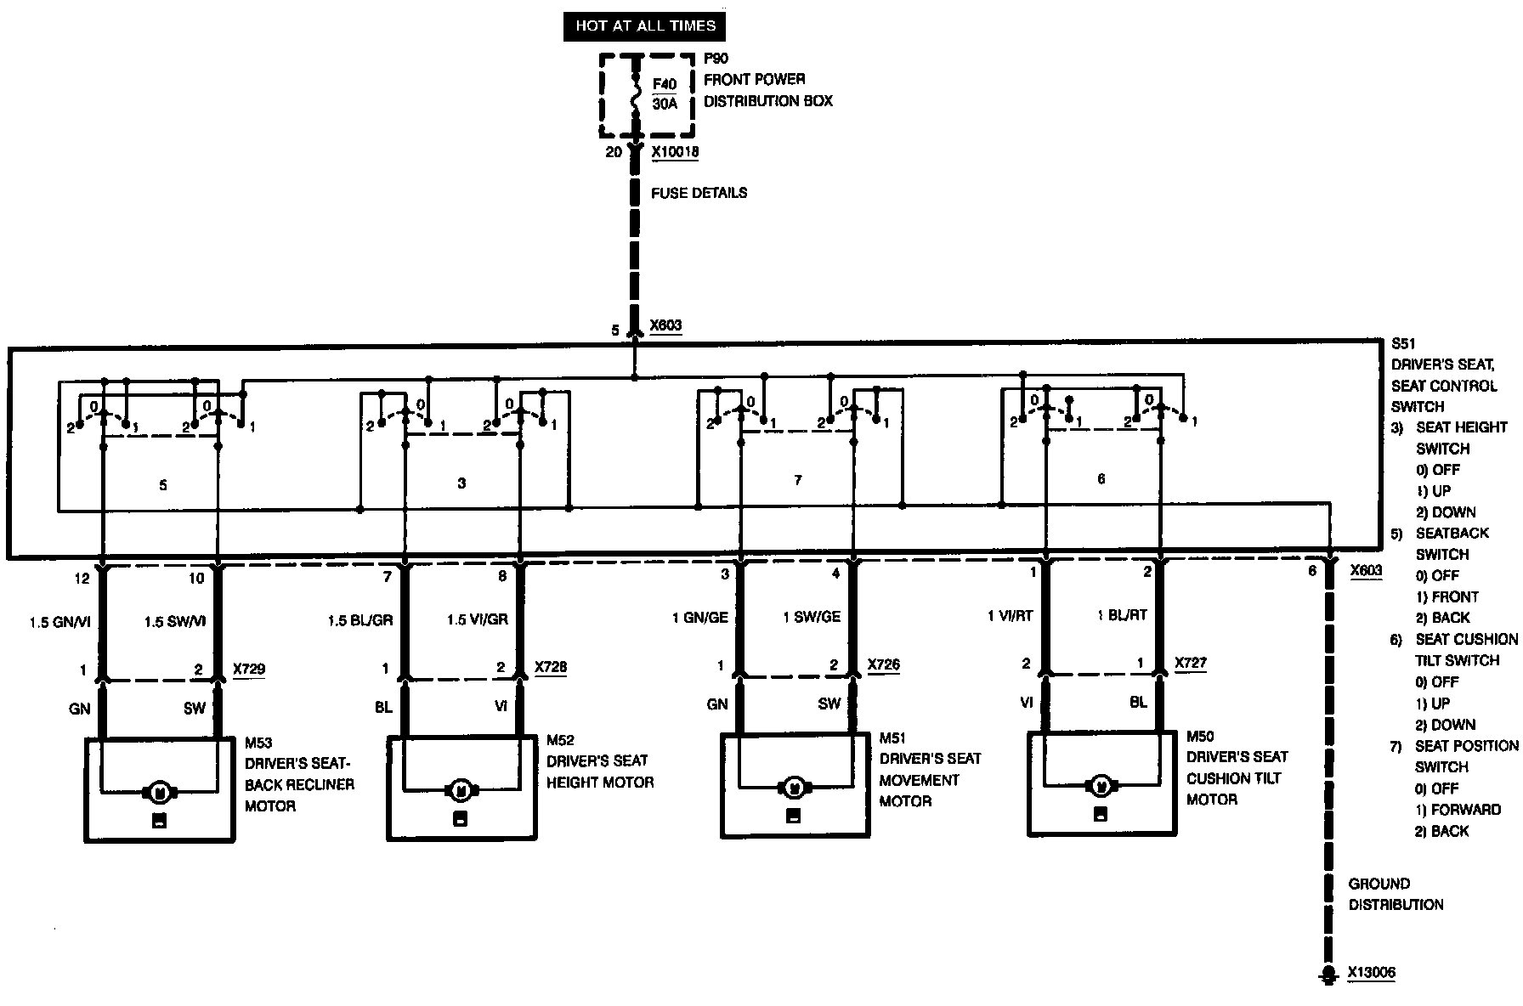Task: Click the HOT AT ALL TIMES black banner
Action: (x=645, y=25)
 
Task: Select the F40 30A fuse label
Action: (x=665, y=94)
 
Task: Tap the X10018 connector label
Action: (x=675, y=153)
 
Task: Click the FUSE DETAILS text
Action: (x=699, y=193)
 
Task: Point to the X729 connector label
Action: (x=249, y=669)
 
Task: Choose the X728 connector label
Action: (x=551, y=667)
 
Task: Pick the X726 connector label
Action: (x=883, y=664)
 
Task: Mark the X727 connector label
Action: (x=1191, y=663)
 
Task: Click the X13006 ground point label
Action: (x=1371, y=973)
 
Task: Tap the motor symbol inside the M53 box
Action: (x=159, y=792)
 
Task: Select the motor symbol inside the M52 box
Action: (x=461, y=790)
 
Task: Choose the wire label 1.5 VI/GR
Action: (x=477, y=619)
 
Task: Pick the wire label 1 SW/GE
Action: (x=811, y=617)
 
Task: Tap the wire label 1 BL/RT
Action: (x=1122, y=615)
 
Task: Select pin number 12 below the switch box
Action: (x=82, y=578)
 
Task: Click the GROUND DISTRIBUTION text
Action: (x=1396, y=894)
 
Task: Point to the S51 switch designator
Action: (x=1403, y=344)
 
